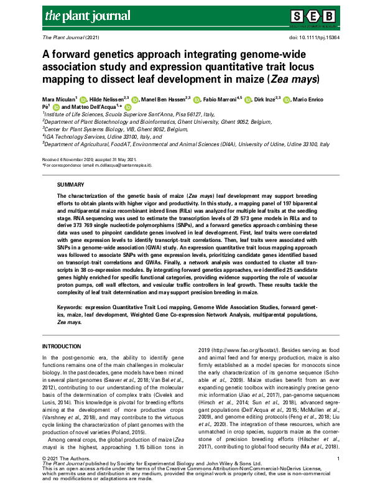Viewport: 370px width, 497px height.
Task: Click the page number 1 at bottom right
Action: (336, 459)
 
